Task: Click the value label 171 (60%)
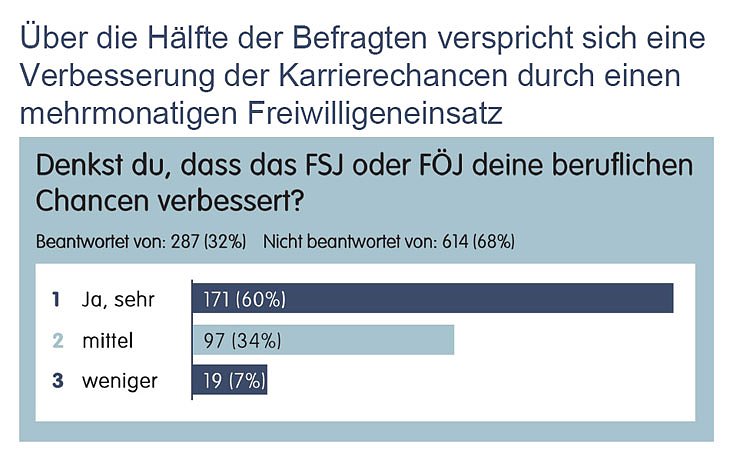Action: click(x=244, y=298)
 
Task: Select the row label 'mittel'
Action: click(x=108, y=340)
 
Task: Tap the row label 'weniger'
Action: click(x=119, y=381)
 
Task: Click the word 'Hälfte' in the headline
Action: click(x=189, y=38)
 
